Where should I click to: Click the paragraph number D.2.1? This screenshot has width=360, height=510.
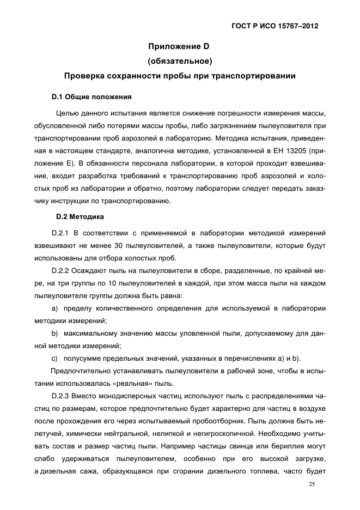pos(62,233)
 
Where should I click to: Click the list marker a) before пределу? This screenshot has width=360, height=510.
pos(54,309)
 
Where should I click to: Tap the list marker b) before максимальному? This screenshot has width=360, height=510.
pos(54,333)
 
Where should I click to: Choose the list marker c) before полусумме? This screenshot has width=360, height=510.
pos(54,357)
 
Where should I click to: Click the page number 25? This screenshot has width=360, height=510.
pos(311,484)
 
